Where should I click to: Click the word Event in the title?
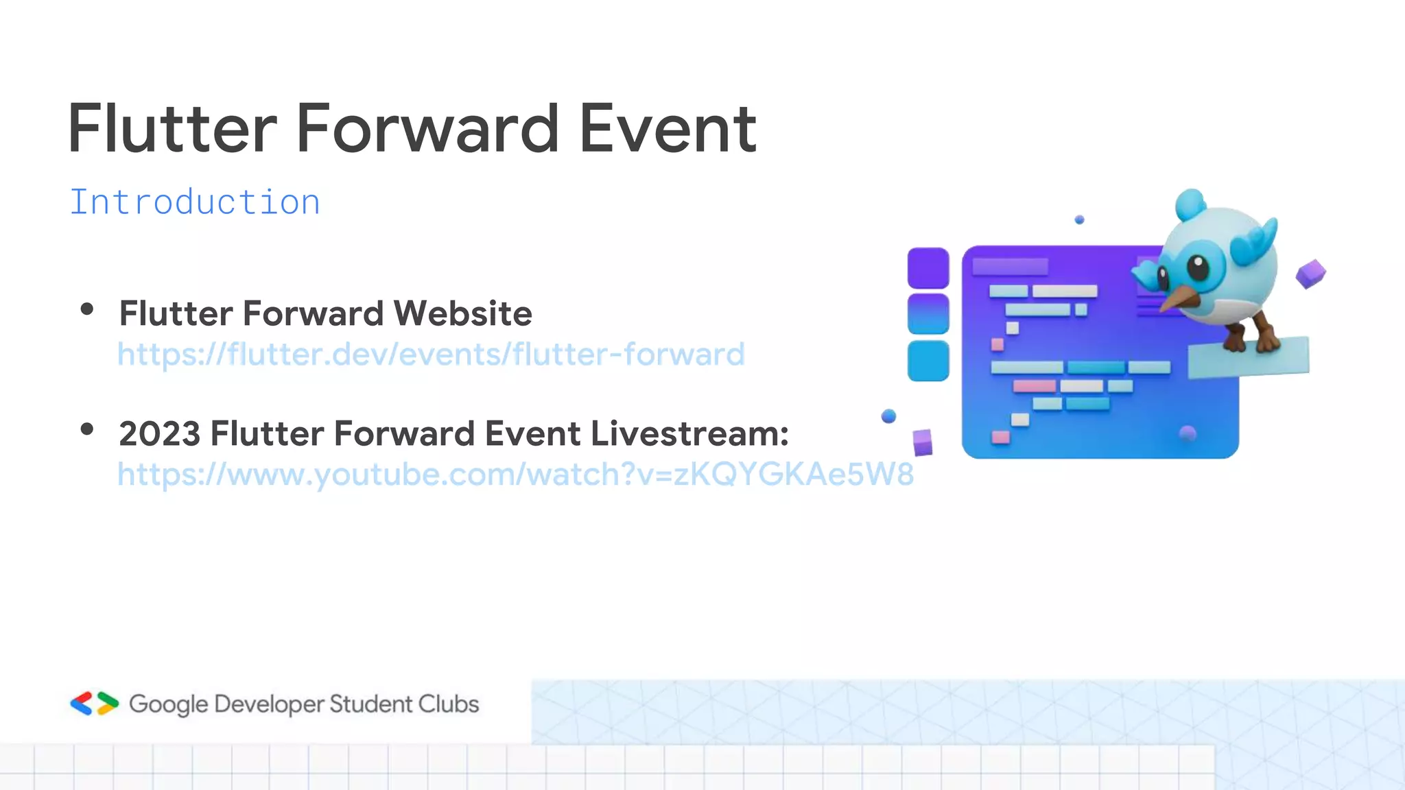point(667,129)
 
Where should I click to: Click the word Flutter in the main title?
point(172,129)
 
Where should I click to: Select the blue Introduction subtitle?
point(195,202)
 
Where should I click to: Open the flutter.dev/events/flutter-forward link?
point(431,355)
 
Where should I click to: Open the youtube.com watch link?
point(515,475)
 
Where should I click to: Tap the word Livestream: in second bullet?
point(689,433)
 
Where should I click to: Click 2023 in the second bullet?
point(159,433)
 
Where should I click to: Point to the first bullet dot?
point(86,309)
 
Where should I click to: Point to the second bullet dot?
point(86,430)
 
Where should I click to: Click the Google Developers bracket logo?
point(94,704)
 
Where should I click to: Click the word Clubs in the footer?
point(449,704)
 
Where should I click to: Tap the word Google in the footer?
point(168,704)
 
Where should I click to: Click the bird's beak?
point(1179,298)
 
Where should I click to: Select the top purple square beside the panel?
point(928,268)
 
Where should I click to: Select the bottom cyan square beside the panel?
point(928,361)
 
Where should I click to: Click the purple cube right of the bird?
point(1310,274)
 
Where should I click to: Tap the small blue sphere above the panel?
point(1079,219)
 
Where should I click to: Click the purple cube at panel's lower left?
point(923,442)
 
